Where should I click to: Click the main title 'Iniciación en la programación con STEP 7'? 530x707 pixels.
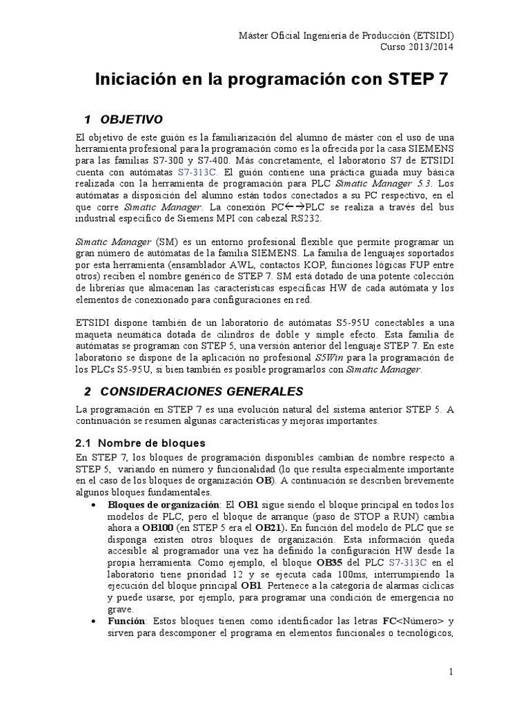[271, 79]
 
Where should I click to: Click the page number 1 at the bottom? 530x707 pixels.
[451, 671]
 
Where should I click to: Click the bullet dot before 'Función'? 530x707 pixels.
[93, 622]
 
